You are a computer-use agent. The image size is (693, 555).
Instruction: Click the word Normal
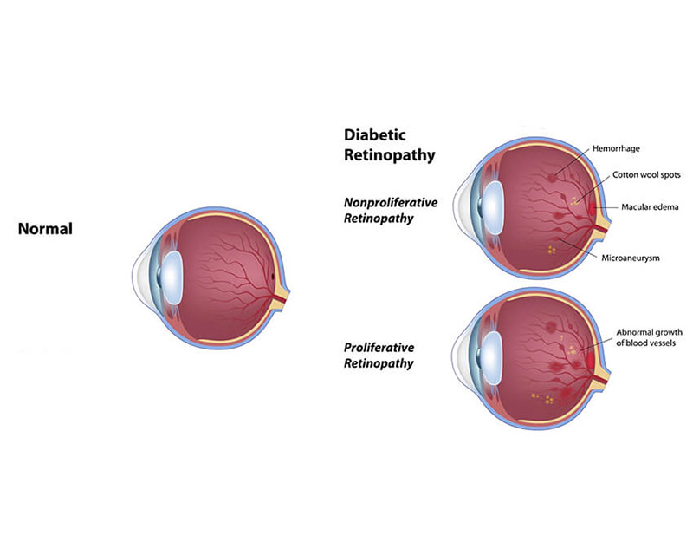tap(45, 229)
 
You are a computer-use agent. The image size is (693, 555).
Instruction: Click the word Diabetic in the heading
tap(375, 135)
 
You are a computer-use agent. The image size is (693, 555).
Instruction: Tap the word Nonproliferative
tap(390, 202)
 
